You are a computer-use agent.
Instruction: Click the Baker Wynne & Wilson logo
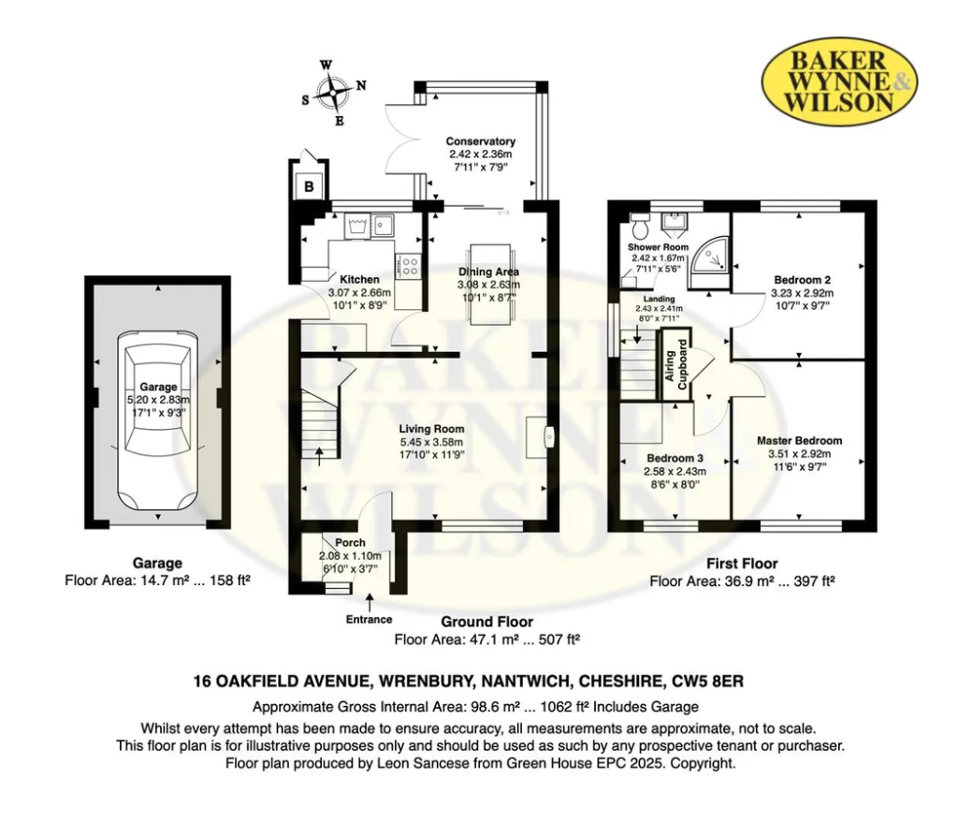click(x=839, y=81)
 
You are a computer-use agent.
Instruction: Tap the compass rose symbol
click(x=334, y=93)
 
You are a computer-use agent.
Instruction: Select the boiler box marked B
click(x=309, y=186)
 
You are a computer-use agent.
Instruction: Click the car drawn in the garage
click(x=157, y=422)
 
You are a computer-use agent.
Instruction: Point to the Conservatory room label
click(x=480, y=141)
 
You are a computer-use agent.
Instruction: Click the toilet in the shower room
click(x=641, y=227)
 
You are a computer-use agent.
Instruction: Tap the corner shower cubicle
click(x=709, y=262)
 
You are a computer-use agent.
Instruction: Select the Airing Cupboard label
click(x=676, y=364)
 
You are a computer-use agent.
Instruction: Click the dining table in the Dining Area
click(x=489, y=283)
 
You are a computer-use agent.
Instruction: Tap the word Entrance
click(x=369, y=620)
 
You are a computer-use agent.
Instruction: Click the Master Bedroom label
click(x=799, y=440)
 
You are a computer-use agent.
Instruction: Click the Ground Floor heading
click(x=486, y=622)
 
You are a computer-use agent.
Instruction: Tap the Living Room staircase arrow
click(x=318, y=457)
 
